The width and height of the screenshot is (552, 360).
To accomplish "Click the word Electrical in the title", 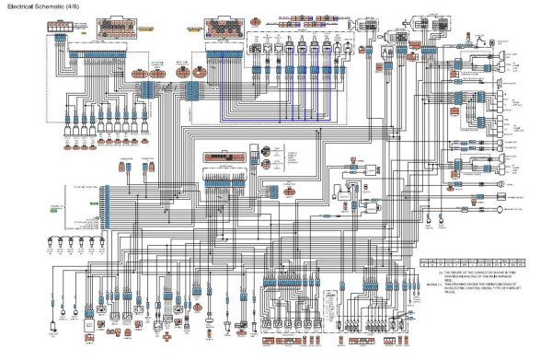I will point(21,6).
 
